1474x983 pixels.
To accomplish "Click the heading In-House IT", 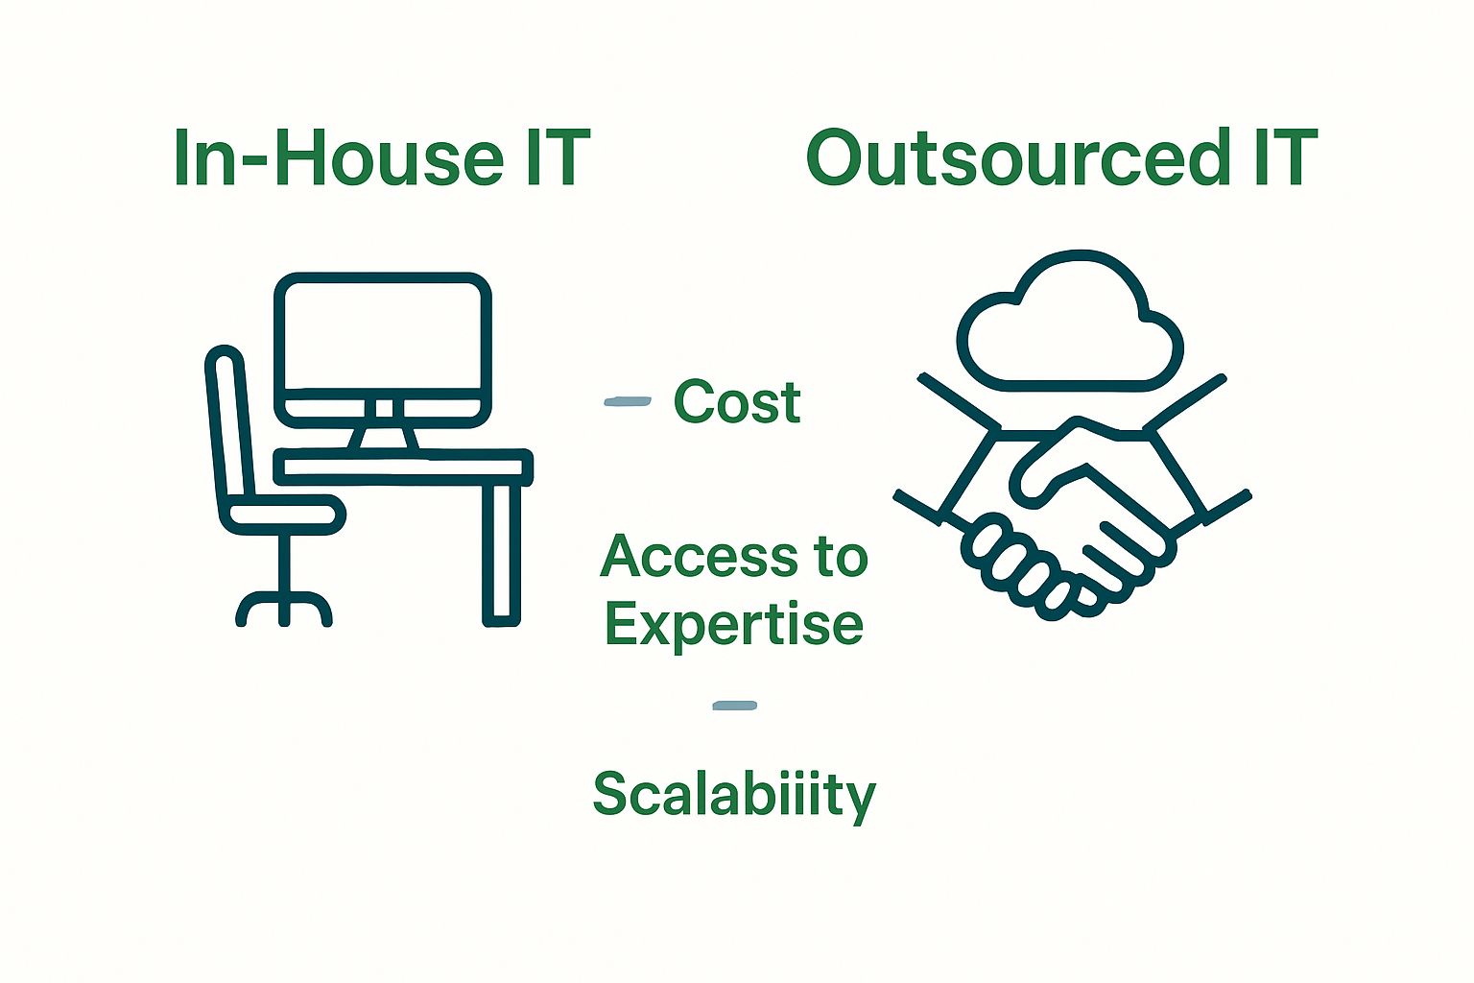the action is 382,158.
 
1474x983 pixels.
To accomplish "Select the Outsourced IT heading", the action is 1062,157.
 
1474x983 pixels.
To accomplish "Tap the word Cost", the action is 737,401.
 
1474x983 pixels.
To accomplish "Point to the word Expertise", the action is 734,626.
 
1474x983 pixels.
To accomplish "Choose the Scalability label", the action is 734,796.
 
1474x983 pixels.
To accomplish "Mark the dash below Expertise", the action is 734,706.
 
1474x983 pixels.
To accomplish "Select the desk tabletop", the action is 403,468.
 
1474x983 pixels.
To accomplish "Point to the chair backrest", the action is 229,428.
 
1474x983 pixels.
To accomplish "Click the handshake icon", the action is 1073,507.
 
